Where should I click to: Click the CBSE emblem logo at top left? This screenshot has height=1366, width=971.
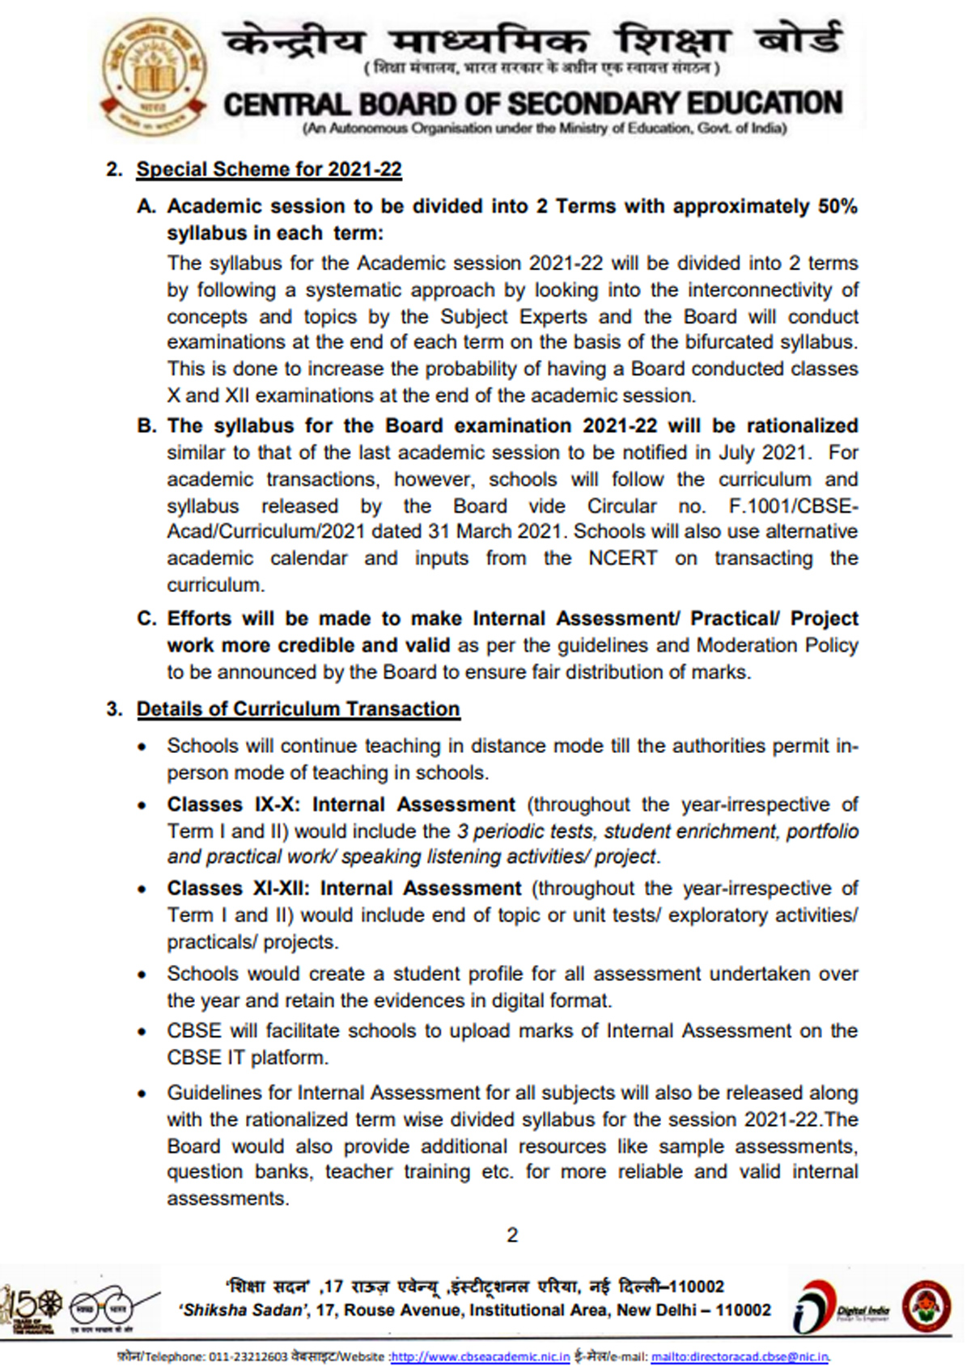tap(149, 77)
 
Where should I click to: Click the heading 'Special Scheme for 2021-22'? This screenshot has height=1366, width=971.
tap(269, 169)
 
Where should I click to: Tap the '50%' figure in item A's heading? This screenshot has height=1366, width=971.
tap(837, 206)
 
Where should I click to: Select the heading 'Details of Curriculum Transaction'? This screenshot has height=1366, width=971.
tap(298, 708)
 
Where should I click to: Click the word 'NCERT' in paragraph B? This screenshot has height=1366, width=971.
tap(622, 558)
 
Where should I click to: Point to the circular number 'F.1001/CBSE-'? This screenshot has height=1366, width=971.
tap(793, 505)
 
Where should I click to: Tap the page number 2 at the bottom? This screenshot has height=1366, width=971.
tap(511, 1235)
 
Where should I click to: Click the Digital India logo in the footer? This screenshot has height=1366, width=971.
tap(842, 1309)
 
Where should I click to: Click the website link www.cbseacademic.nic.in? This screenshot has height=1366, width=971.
tap(481, 1356)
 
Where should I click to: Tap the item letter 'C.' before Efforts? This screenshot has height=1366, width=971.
tap(146, 619)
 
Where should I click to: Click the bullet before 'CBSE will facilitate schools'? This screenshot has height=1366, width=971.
tap(142, 1032)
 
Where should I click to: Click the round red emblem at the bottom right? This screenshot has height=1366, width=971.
tap(927, 1305)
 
